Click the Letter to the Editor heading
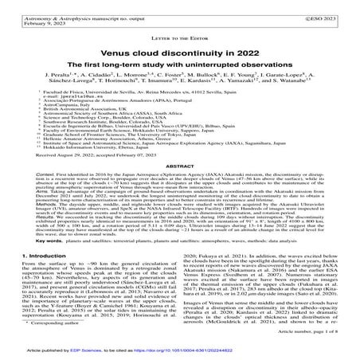point(180,33)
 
